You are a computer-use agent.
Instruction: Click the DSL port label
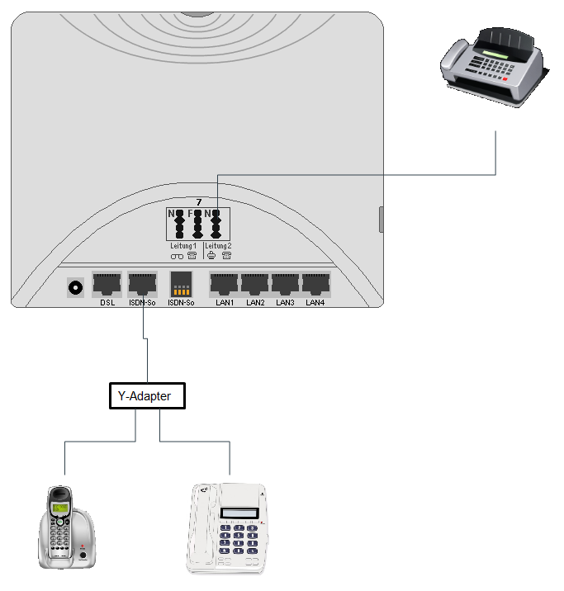pyautogui.click(x=107, y=303)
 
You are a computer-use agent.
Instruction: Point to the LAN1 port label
pyautogui.click(x=225, y=303)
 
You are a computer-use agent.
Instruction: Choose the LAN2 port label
pyautogui.click(x=255, y=303)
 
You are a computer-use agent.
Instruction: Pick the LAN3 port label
pyautogui.click(x=286, y=303)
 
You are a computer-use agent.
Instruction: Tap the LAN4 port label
pyautogui.click(x=316, y=303)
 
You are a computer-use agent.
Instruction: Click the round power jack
pyautogui.click(x=77, y=287)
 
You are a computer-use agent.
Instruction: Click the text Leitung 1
pyautogui.click(x=182, y=246)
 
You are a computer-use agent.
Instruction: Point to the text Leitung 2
pyautogui.click(x=217, y=246)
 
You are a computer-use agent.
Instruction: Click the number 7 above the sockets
pyautogui.click(x=198, y=202)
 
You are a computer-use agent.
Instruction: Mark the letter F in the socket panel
pyautogui.click(x=190, y=214)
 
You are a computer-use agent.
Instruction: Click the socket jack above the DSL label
pyautogui.click(x=107, y=284)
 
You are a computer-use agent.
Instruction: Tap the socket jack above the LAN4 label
pyautogui.click(x=316, y=284)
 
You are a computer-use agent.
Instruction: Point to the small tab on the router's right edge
pyautogui.click(x=382, y=220)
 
